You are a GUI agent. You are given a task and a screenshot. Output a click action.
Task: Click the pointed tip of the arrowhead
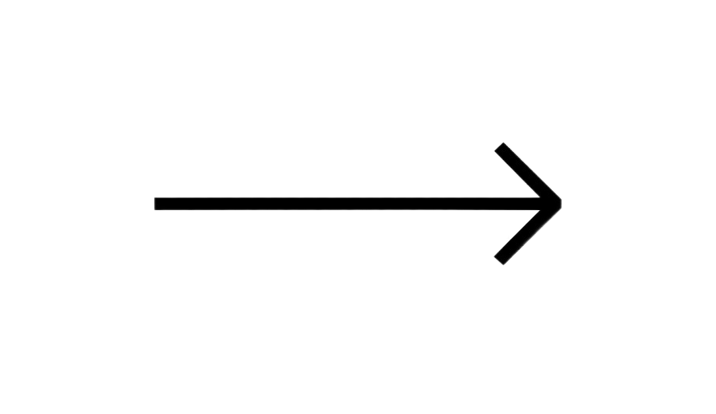pyautogui.click(x=562, y=199)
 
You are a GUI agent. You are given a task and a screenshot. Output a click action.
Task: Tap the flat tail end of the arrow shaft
pyautogui.click(x=153, y=204)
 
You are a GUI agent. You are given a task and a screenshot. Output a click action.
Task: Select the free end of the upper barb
pyautogui.click(x=499, y=148)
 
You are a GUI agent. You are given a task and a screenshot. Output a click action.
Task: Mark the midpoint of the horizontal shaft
pyautogui.click(x=346, y=204)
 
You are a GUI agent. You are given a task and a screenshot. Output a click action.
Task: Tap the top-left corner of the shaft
pyautogui.click(x=153, y=197)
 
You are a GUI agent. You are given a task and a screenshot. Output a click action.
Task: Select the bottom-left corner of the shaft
pyautogui.click(x=153, y=211)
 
